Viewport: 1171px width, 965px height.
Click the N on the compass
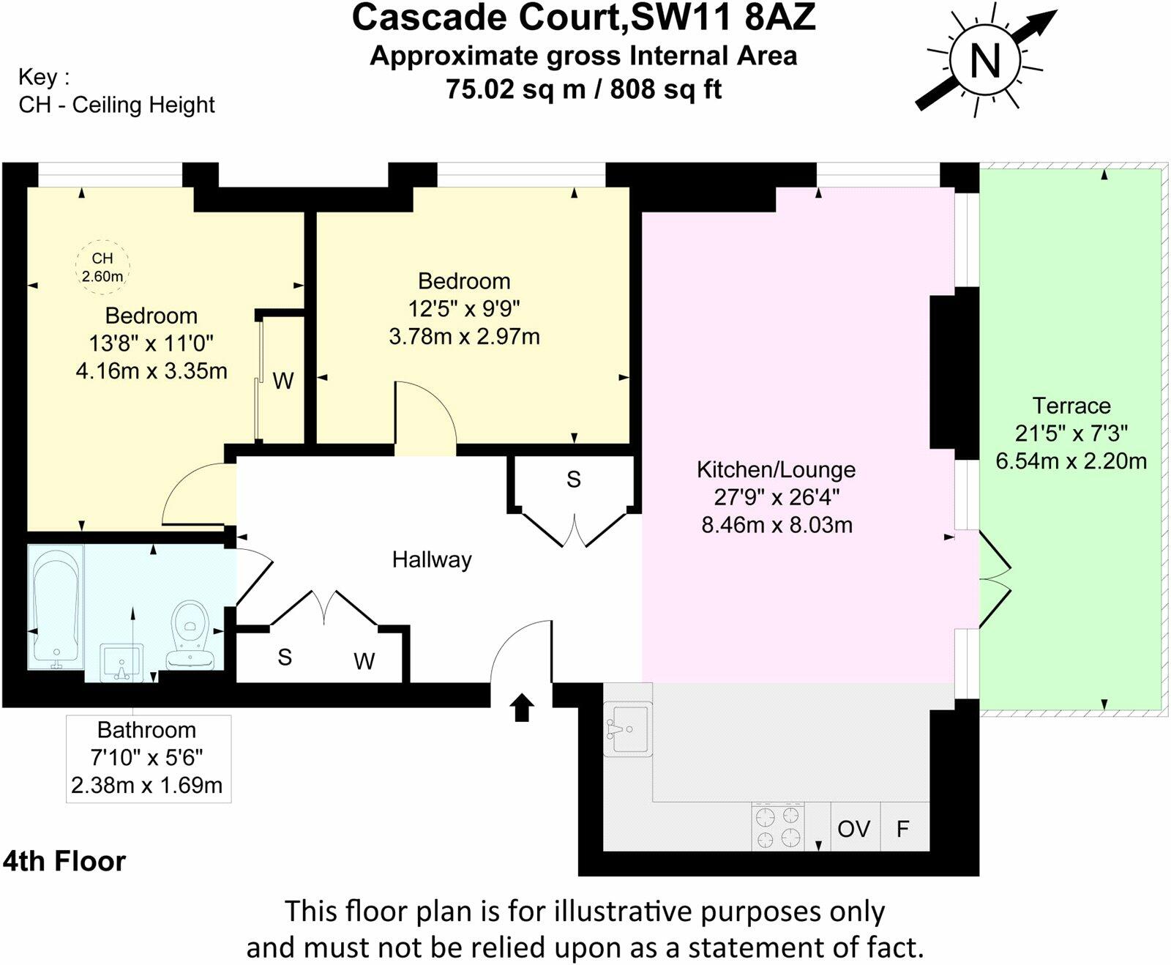[x=985, y=60]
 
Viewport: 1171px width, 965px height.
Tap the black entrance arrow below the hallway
[x=522, y=708]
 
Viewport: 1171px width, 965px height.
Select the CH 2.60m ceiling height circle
[x=102, y=267]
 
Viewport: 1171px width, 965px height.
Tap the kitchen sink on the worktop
[x=628, y=729]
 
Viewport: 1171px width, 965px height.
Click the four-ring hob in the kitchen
[x=778, y=827]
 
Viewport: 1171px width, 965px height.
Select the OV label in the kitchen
[x=853, y=829]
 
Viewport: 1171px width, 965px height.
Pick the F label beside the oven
[x=902, y=829]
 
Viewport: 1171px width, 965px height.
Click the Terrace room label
[x=1071, y=406]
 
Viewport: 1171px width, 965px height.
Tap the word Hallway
[x=432, y=560]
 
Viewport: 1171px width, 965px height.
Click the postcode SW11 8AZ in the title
[x=722, y=18]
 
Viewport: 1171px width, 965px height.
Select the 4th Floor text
[x=64, y=861]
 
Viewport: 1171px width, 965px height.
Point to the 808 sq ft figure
[x=666, y=89]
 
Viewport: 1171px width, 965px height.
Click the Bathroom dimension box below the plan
[x=148, y=758]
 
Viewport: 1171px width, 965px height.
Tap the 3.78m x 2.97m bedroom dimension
[x=464, y=337]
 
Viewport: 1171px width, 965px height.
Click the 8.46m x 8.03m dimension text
[x=777, y=525]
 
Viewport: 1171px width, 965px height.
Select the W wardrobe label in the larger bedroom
[x=283, y=381]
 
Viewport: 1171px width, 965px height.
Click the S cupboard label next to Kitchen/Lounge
[x=573, y=480]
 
